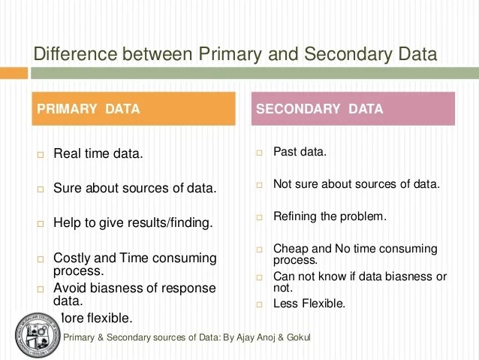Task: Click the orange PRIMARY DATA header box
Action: pyautogui.click(x=132, y=108)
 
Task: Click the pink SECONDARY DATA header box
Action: pyautogui.click(x=353, y=108)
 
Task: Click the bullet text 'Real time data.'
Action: pyautogui.click(x=98, y=154)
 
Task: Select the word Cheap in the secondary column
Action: pyautogui.click(x=290, y=248)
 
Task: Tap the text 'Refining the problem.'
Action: pyautogui.click(x=330, y=216)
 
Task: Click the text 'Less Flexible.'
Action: pyautogui.click(x=309, y=304)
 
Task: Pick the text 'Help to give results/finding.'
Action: pyautogui.click(x=133, y=223)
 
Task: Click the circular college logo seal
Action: pyautogui.click(x=37, y=332)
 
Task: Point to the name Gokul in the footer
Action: pyautogui.click(x=296, y=337)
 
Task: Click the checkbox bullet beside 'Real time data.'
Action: pyautogui.click(x=41, y=155)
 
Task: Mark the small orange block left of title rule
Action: pyautogui.click(x=13, y=71)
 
